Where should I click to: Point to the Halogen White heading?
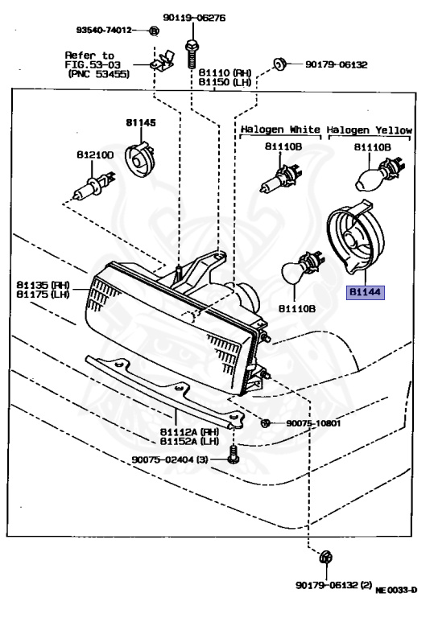pos(278,130)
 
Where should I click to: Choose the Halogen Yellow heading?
pos(370,130)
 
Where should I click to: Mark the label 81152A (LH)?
pos(184,441)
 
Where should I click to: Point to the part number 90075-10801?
pos(313,423)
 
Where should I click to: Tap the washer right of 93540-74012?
pos(155,31)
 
